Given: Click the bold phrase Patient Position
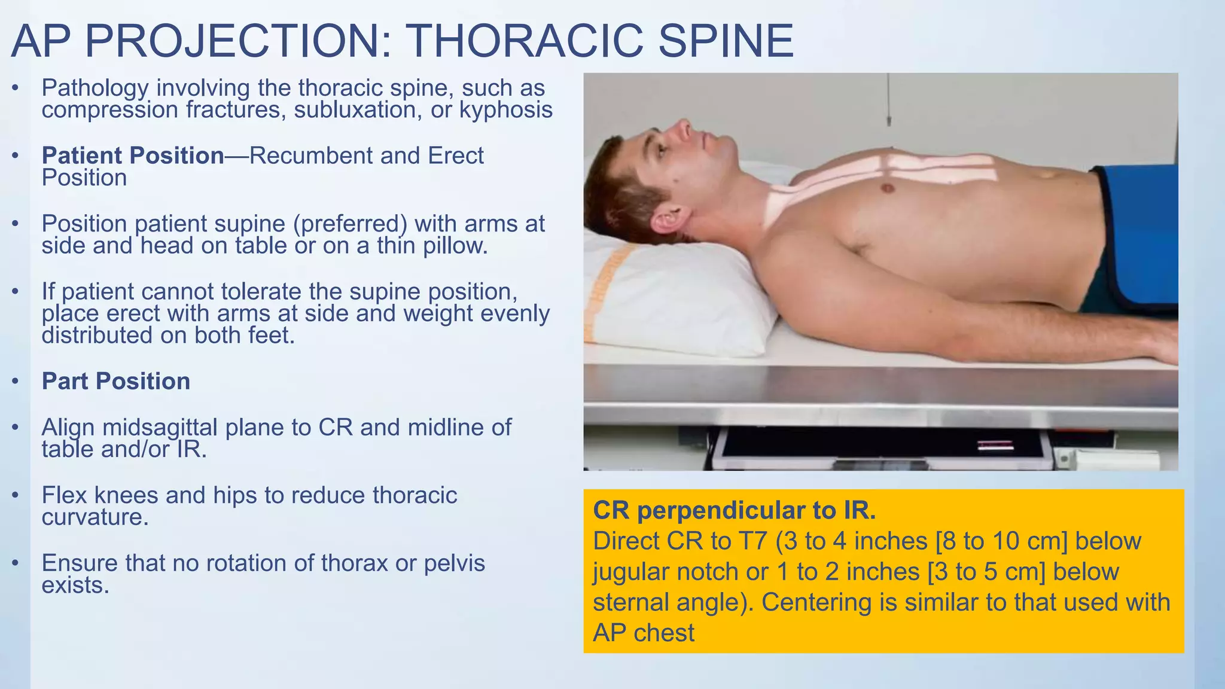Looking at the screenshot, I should coord(133,156).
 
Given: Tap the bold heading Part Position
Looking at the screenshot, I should coord(116,382).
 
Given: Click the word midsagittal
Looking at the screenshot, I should coord(160,428).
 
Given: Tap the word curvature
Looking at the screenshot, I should coord(95,517).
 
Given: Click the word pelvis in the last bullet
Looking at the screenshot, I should coord(454,563).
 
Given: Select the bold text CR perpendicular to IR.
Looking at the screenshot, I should coord(735,510).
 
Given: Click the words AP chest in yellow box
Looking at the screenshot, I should coord(644,633).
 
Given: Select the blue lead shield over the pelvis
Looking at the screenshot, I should coord(1136,239).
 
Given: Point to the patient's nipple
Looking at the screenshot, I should coord(888,188).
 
